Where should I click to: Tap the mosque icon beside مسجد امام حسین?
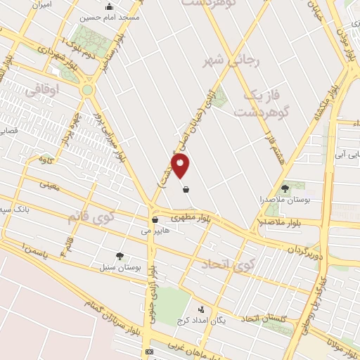(108, 8)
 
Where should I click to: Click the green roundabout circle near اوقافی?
(87, 89)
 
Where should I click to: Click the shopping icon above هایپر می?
(155, 219)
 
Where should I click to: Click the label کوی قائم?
(90, 216)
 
